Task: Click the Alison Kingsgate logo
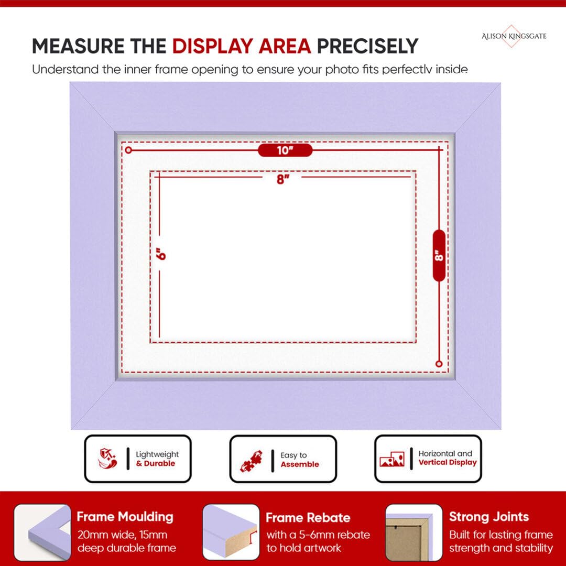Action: click(x=514, y=36)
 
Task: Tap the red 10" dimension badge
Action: click(x=285, y=150)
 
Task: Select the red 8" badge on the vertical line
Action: click(x=439, y=255)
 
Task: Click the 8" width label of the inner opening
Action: click(x=283, y=179)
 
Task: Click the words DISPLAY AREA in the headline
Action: click(x=242, y=46)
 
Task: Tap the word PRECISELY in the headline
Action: click(x=367, y=46)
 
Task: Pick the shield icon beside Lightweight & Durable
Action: click(x=107, y=459)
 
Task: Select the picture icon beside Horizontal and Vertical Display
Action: click(x=392, y=459)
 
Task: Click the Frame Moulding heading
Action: click(x=125, y=517)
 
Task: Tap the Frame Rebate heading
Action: click(x=308, y=518)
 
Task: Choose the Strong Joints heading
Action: click(x=489, y=517)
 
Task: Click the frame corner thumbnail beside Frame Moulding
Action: click(x=42, y=532)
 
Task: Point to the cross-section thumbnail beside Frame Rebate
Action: click(x=231, y=532)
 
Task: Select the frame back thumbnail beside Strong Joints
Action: click(x=413, y=532)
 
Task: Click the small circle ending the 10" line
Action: click(x=128, y=150)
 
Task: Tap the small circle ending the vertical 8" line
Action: click(x=439, y=364)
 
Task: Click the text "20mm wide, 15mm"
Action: click(x=122, y=535)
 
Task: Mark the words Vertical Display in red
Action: click(x=448, y=462)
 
